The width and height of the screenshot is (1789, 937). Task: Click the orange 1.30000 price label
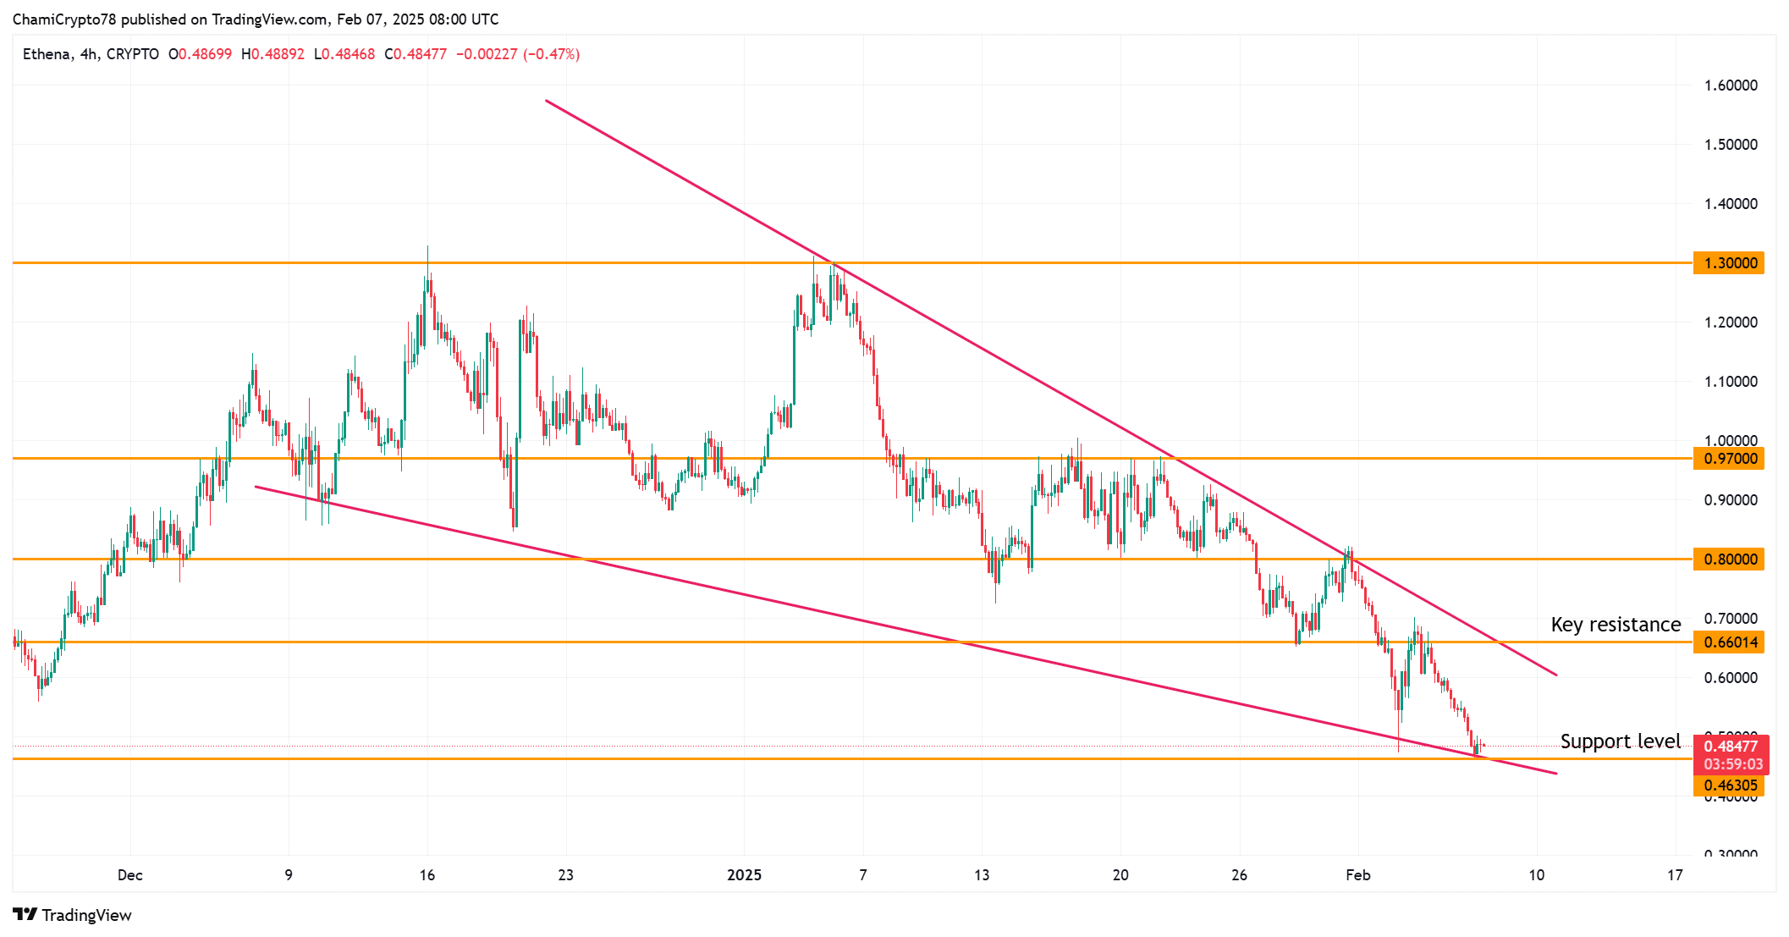pyautogui.click(x=1729, y=263)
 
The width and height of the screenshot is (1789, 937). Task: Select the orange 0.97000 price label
pyautogui.click(x=1729, y=459)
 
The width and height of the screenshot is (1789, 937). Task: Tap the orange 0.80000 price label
pyautogui.click(x=1729, y=559)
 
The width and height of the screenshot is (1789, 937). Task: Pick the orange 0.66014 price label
pyautogui.click(x=1729, y=642)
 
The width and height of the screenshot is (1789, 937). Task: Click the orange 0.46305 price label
pyautogui.click(x=1729, y=785)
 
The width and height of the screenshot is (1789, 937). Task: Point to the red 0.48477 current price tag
pyautogui.click(x=1730, y=747)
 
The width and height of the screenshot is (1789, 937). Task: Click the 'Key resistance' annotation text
pyautogui.click(x=1616, y=625)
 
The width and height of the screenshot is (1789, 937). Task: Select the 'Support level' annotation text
pyautogui.click(x=1620, y=741)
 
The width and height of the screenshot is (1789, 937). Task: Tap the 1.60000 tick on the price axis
pyautogui.click(x=1730, y=85)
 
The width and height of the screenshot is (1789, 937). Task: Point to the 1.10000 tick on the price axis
pyautogui.click(x=1730, y=382)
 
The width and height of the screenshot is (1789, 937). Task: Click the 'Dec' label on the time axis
pyautogui.click(x=130, y=875)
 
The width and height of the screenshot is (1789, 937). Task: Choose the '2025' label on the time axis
pyautogui.click(x=744, y=875)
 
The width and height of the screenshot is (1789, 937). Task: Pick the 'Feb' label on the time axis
pyautogui.click(x=1357, y=875)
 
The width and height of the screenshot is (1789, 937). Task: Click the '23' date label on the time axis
pyautogui.click(x=565, y=875)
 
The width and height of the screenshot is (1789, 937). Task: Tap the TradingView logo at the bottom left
pyautogui.click(x=73, y=915)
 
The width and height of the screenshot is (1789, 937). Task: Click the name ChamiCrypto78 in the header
pyautogui.click(x=64, y=19)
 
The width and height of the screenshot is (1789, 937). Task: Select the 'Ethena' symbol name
pyautogui.click(x=46, y=54)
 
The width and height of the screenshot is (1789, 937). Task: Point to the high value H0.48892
pyautogui.click(x=272, y=54)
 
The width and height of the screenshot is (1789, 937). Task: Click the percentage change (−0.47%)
pyautogui.click(x=551, y=54)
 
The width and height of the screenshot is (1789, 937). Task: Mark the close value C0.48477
pyautogui.click(x=416, y=54)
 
